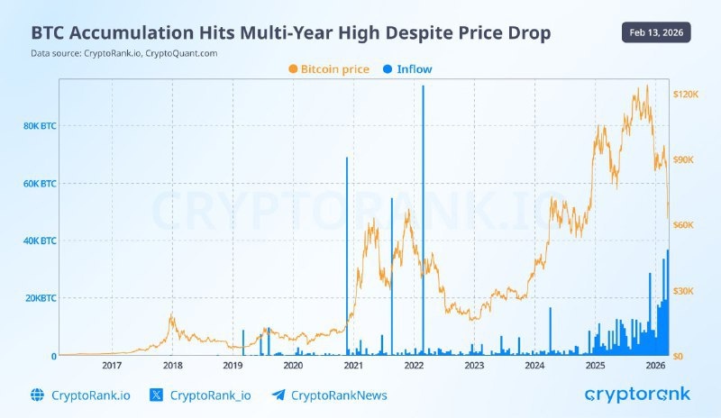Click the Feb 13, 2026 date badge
click(656, 32)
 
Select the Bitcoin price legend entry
click(329, 68)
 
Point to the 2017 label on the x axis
click(112, 366)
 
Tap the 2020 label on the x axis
click(293, 366)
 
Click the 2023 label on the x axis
click(474, 366)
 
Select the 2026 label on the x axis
click(655, 366)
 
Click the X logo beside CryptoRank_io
click(156, 395)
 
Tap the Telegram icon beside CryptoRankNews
click(278, 395)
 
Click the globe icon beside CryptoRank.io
click(37, 395)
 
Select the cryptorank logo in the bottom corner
click(637, 394)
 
